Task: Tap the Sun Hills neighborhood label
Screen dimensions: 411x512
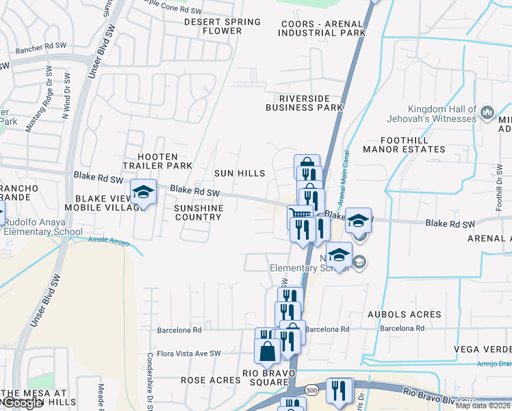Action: pos(239,173)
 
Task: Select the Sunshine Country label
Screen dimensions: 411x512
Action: pos(198,212)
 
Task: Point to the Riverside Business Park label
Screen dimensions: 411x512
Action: pos(304,103)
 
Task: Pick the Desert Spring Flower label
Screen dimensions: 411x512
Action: pos(222,26)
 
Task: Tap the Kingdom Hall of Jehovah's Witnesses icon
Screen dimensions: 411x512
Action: pos(487,112)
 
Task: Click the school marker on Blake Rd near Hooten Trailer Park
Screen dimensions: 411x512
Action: pos(144,192)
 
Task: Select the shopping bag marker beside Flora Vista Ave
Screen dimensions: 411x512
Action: pos(267,352)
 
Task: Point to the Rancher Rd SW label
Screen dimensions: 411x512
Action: pos(42,45)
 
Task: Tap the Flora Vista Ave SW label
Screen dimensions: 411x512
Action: pos(189,353)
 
